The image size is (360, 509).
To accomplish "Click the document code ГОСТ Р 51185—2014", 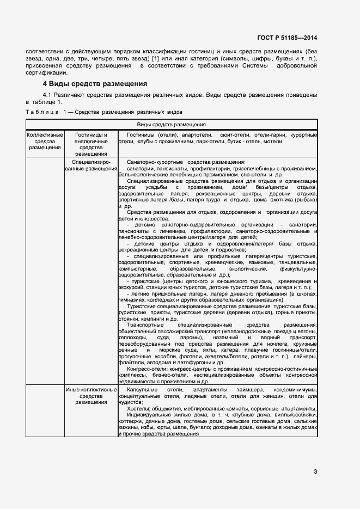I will click(x=288, y=38).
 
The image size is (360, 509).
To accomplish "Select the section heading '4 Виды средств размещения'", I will click(x=95, y=84).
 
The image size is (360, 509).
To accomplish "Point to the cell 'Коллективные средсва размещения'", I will click(x=45, y=141).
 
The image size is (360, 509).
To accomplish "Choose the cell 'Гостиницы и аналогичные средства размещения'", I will click(x=91, y=144).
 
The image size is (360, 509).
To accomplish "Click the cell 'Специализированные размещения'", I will click(x=91, y=165).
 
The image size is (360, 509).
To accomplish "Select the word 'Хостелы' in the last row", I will click(x=136, y=409).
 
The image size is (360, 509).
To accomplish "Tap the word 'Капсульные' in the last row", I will click(x=143, y=391).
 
